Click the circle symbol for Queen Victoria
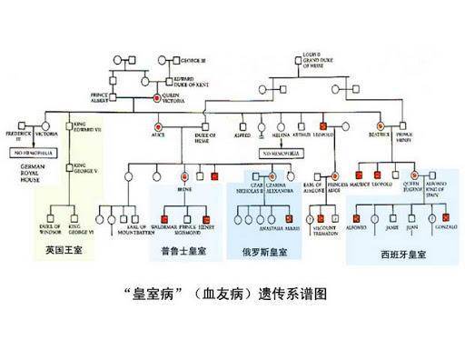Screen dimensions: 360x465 (156, 96)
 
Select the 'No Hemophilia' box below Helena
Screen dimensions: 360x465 (282, 154)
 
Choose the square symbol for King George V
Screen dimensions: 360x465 (69, 166)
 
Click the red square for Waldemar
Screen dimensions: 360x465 (166, 218)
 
